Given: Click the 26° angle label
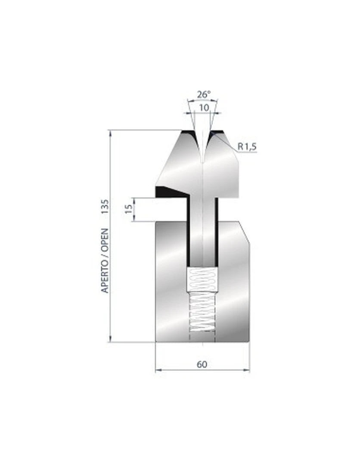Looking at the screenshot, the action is coord(204,94).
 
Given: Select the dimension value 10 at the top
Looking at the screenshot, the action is coord(204,107).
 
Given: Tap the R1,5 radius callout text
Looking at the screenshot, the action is coord(247,146).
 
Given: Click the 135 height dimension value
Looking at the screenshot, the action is coord(105,207).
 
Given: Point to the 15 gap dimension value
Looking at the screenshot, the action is coord(129,209).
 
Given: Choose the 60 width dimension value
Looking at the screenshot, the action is coord(202,364).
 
